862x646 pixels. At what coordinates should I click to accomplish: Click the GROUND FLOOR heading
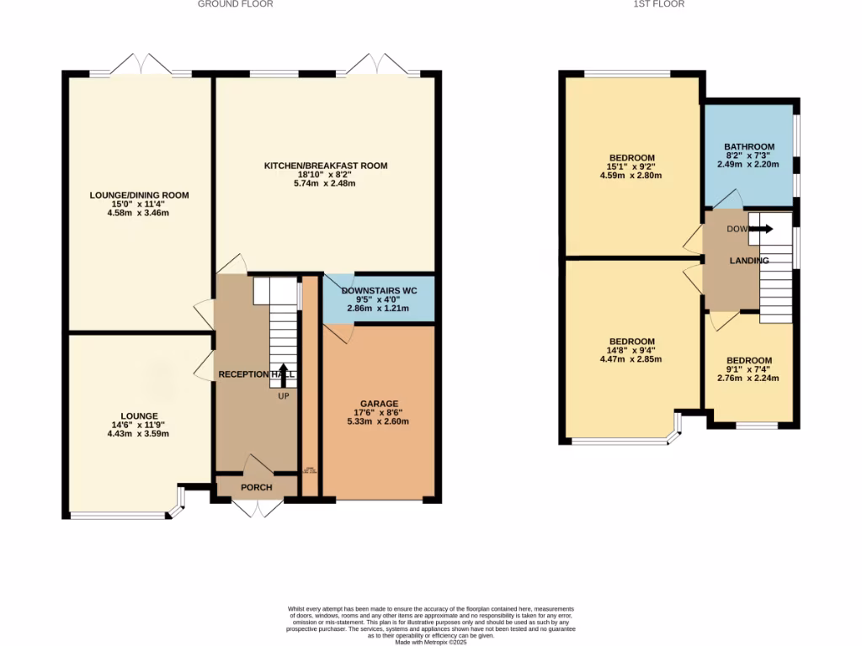pyautogui.click(x=235, y=4)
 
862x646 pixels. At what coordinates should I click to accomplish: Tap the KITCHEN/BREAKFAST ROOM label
pyautogui.click(x=326, y=166)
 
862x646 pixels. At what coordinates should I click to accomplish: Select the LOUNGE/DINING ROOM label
pyautogui.click(x=140, y=195)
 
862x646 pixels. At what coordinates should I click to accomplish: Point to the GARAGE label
pyautogui.click(x=379, y=404)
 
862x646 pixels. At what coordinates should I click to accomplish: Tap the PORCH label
pyautogui.click(x=257, y=488)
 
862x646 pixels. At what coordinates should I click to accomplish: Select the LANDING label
pyautogui.click(x=749, y=261)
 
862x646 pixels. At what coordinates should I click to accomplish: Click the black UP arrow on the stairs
pyautogui.click(x=283, y=373)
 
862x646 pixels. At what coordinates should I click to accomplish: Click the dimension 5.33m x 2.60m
pyautogui.click(x=379, y=422)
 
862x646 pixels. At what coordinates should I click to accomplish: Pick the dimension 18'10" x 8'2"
pyautogui.click(x=326, y=176)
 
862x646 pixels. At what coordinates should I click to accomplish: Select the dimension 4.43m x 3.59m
pyautogui.click(x=139, y=434)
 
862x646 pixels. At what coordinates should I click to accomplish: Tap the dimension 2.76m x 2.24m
pyautogui.click(x=749, y=379)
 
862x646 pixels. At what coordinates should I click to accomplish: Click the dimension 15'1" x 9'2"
pyautogui.click(x=631, y=167)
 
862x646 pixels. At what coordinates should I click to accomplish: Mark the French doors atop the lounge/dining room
pyautogui.click(x=140, y=63)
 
